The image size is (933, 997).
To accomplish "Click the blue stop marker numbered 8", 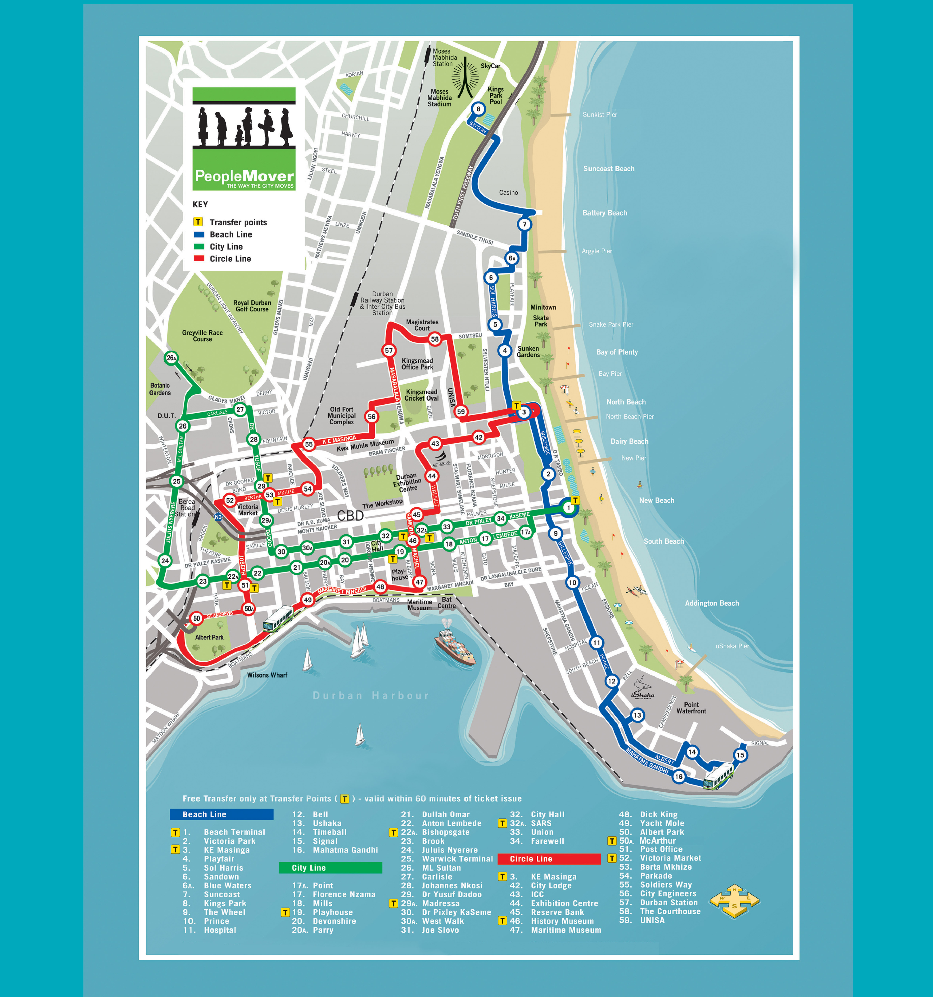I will click(478, 109).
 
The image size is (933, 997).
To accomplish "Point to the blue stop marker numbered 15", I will click(740, 755).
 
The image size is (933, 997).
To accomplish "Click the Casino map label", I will click(508, 193).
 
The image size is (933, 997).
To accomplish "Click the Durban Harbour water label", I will click(371, 696).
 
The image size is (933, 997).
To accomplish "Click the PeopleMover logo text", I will click(244, 176).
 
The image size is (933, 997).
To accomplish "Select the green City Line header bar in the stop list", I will click(330, 868).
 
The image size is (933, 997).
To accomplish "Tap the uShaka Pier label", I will click(732, 646).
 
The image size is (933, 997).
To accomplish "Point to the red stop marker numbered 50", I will click(197, 618).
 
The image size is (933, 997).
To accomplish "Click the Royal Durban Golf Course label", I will click(252, 306).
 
